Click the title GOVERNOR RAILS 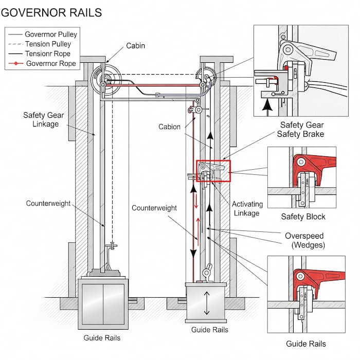click(x=51, y=12)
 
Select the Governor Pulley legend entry click(x=51, y=34)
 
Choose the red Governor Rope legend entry click(x=50, y=64)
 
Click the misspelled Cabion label click(x=169, y=127)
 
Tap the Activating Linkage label click(x=246, y=208)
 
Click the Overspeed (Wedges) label click(x=305, y=240)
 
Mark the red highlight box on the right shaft click(x=213, y=171)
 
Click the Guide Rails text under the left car click(x=102, y=338)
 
